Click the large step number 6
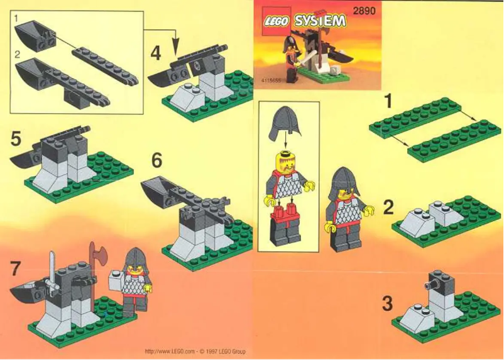156,161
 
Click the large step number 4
156,53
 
